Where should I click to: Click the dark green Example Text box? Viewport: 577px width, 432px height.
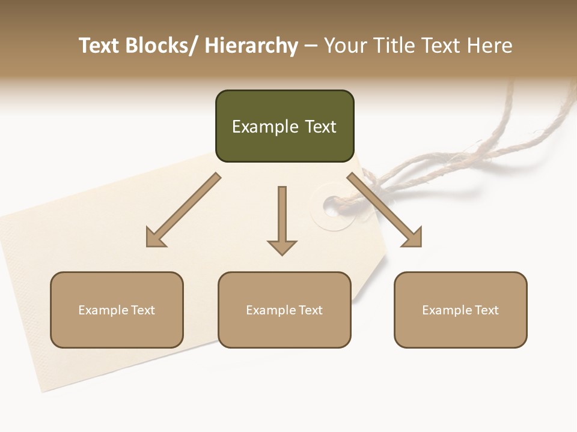pos(284,126)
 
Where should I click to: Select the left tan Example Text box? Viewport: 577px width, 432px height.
pos(117,310)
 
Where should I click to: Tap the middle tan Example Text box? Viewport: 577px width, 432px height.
pos(284,310)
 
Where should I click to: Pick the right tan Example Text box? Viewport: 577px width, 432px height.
pos(460,310)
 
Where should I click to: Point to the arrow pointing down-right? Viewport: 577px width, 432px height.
pos(385,210)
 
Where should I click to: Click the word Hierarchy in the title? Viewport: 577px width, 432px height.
pos(251,46)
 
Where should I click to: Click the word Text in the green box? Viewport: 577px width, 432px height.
pos(318,127)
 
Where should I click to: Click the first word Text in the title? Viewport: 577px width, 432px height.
pos(100,46)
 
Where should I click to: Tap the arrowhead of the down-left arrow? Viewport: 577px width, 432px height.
pos(154,238)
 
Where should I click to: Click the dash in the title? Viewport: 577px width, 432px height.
pos(311,46)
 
